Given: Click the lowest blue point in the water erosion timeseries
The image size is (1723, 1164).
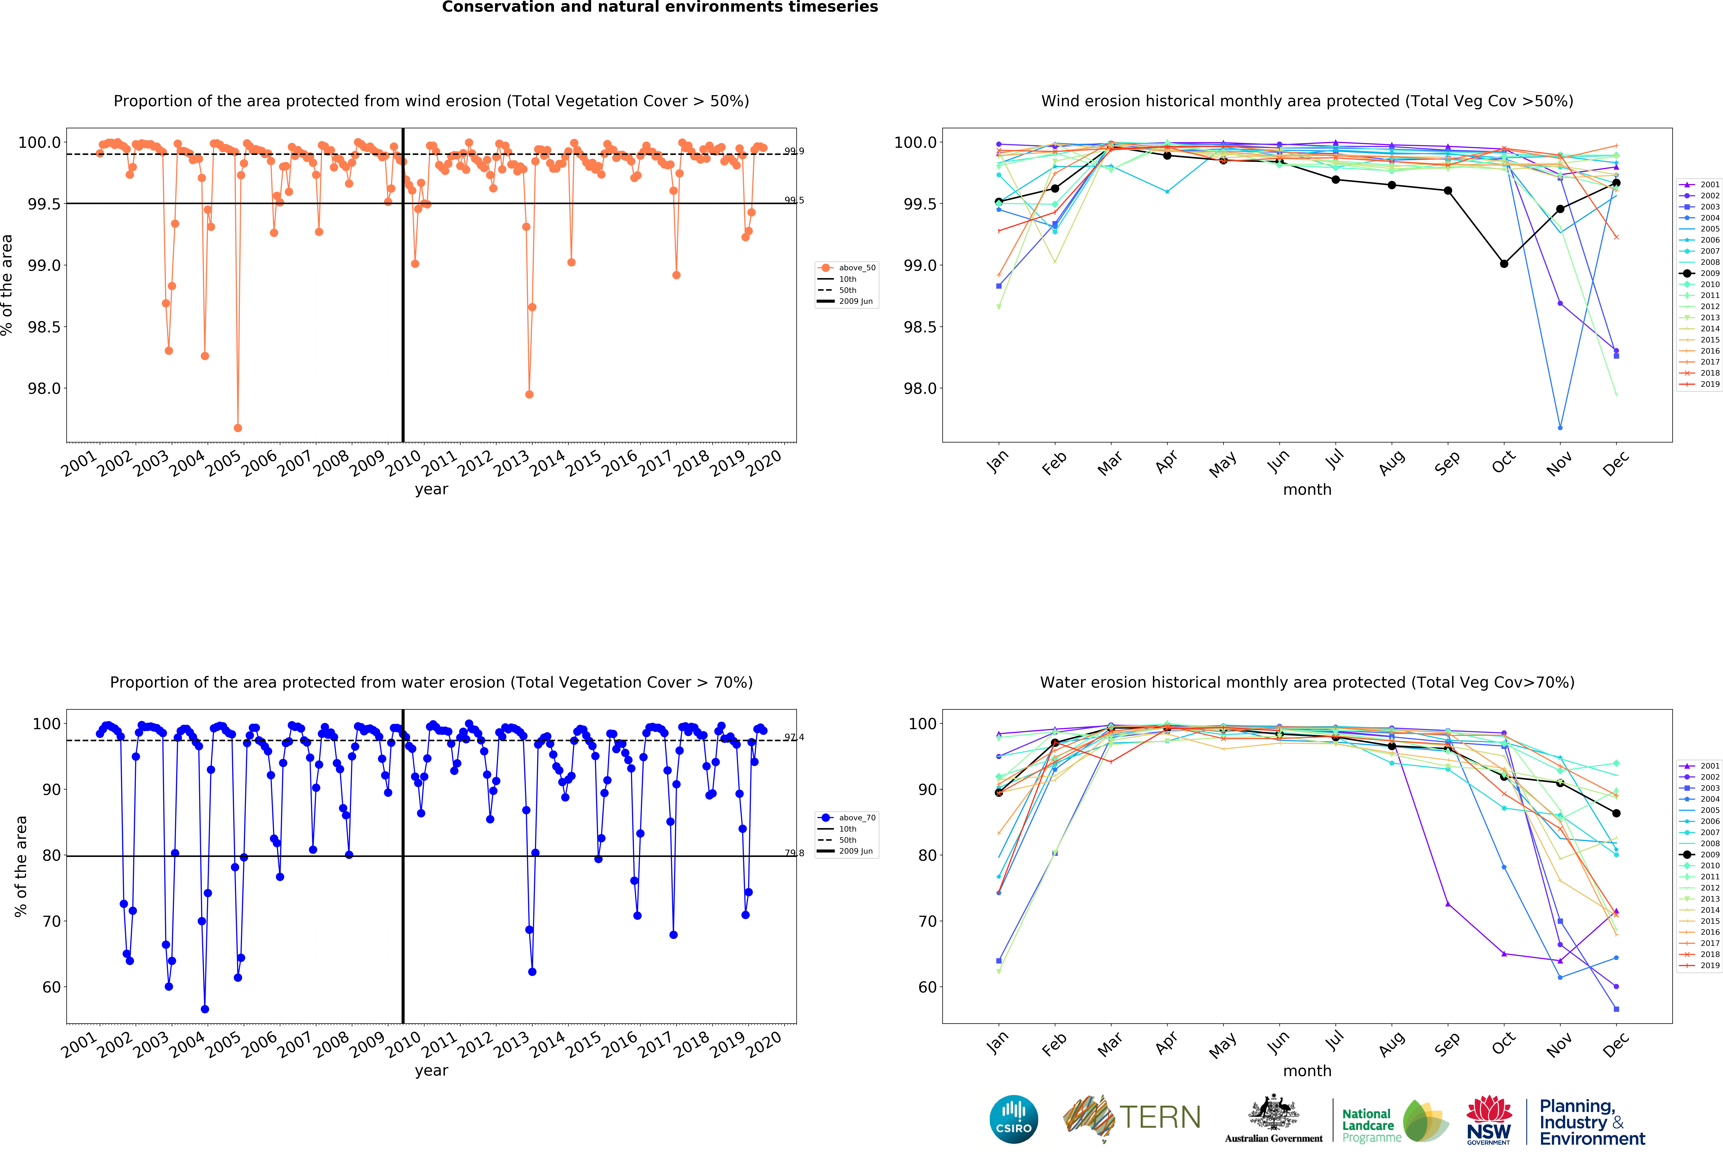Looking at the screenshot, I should point(205,1009).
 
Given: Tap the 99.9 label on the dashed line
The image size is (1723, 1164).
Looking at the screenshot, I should point(794,151).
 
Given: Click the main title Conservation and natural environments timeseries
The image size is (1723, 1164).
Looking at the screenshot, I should point(660,7).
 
